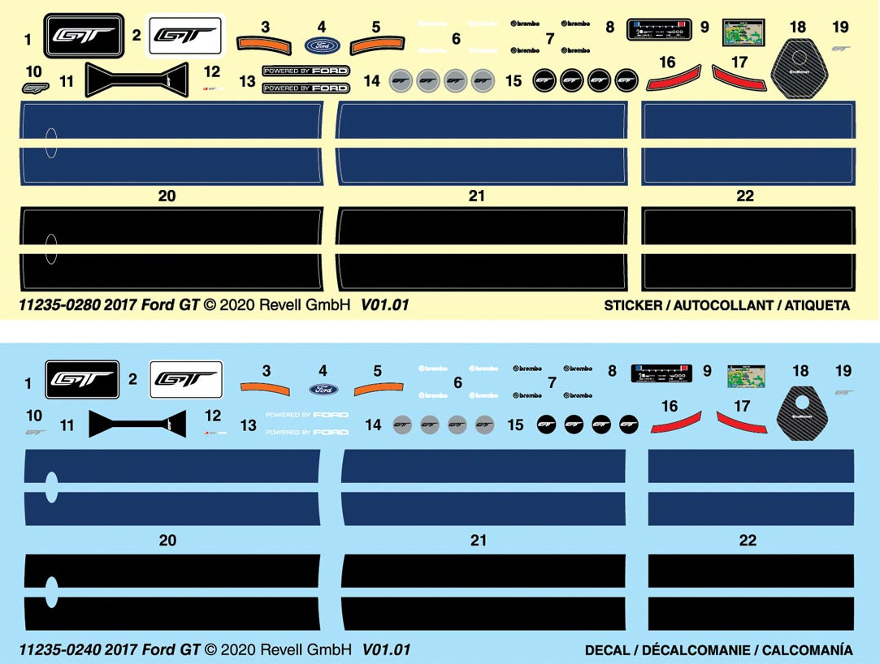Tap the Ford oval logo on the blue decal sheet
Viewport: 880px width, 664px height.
tap(323, 389)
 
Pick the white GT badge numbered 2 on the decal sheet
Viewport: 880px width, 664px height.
tap(186, 379)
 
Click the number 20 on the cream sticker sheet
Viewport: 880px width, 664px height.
tap(167, 196)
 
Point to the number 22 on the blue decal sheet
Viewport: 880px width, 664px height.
tap(748, 540)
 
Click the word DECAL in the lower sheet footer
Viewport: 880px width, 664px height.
tap(606, 649)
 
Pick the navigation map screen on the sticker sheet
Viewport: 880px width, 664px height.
tap(743, 32)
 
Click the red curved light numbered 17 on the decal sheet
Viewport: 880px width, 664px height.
tap(740, 421)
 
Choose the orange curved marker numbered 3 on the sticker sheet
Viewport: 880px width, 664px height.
tap(265, 44)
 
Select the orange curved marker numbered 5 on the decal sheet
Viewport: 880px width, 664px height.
tap(377, 388)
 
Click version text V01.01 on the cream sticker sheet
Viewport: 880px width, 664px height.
tap(384, 306)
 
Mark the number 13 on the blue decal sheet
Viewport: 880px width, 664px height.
tap(248, 425)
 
